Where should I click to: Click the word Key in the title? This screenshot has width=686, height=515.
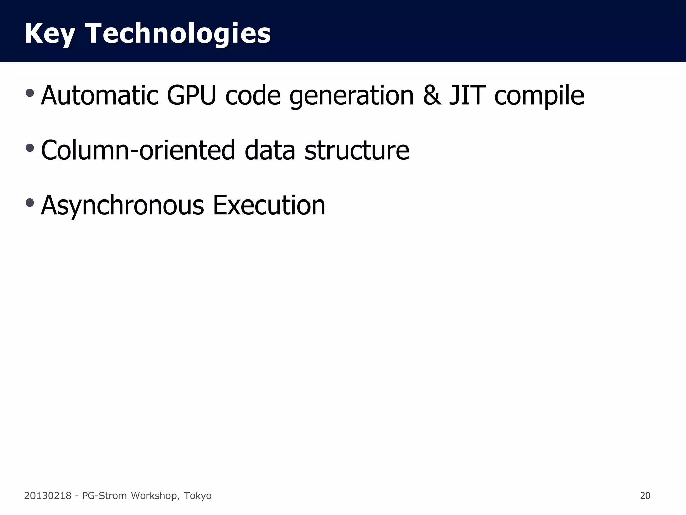(x=50, y=34)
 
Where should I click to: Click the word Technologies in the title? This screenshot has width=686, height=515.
(x=178, y=34)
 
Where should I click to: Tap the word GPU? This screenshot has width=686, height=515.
(x=191, y=96)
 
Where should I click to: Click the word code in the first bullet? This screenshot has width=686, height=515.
(x=253, y=96)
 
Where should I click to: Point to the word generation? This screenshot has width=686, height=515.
(x=352, y=96)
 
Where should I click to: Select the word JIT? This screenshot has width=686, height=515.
(x=467, y=96)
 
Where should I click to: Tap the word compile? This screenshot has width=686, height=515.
(x=539, y=96)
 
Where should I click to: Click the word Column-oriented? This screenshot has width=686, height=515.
(x=138, y=150)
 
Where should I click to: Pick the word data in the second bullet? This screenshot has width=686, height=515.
(x=270, y=150)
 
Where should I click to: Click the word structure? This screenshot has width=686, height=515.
(x=357, y=150)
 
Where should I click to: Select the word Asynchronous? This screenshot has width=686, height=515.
(x=122, y=206)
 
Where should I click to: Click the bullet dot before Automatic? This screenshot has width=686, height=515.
(x=30, y=93)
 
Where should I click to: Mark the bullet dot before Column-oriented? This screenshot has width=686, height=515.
(x=30, y=148)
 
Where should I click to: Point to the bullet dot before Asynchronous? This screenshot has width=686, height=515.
(x=30, y=202)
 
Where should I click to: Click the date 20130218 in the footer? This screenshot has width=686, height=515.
(x=48, y=496)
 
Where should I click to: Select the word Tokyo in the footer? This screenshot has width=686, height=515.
(x=198, y=496)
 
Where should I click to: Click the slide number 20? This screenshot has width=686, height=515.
(x=645, y=496)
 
